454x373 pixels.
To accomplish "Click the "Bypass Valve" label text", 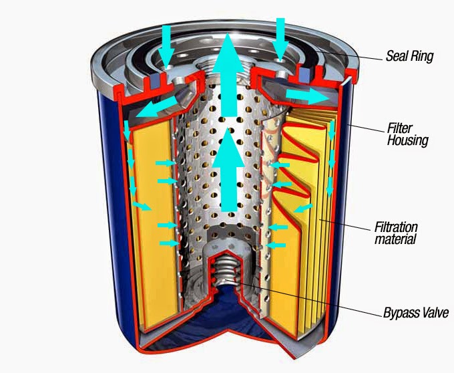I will [411, 312].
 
